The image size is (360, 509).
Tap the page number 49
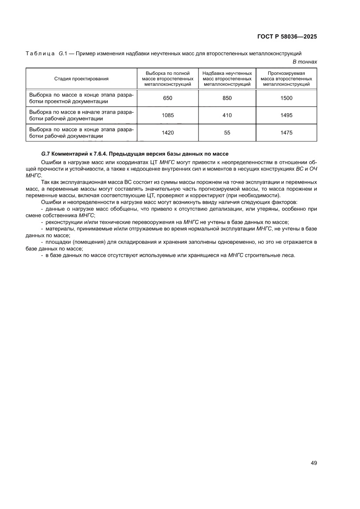click(x=313, y=463)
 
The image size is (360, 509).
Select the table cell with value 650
click(x=168, y=98)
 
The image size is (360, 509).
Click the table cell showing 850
click(x=227, y=98)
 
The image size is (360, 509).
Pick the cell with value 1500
click(x=286, y=98)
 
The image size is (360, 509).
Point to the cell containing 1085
click(x=168, y=115)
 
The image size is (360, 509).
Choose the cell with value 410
click(x=227, y=115)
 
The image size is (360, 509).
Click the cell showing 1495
click(x=286, y=115)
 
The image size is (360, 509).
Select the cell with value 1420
click(x=168, y=133)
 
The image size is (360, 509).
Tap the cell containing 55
click(x=227, y=133)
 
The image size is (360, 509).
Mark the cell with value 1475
click(x=286, y=133)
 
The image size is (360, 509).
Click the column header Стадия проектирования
click(x=81, y=79)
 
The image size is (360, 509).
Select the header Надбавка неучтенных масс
click(x=227, y=79)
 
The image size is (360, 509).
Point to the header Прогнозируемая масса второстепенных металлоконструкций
click(x=286, y=79)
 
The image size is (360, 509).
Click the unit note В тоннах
click(x=305, y=62)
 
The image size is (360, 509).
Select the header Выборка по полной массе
click(x=168, y=79)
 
